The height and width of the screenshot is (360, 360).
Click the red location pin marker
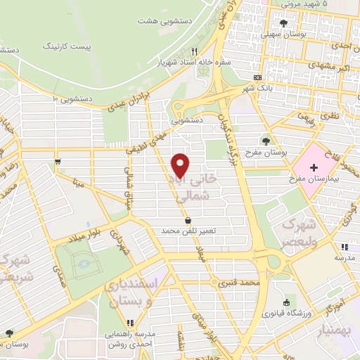coord(181,165)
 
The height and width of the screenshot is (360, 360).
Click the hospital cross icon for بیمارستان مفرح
coord(314,150)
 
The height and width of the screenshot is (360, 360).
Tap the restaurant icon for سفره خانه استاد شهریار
coord(195,51)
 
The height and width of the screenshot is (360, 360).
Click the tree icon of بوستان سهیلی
coord(283,23)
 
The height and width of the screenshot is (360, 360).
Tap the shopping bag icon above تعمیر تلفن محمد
coord(187,220)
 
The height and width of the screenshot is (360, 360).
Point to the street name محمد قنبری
coord(259,283)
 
